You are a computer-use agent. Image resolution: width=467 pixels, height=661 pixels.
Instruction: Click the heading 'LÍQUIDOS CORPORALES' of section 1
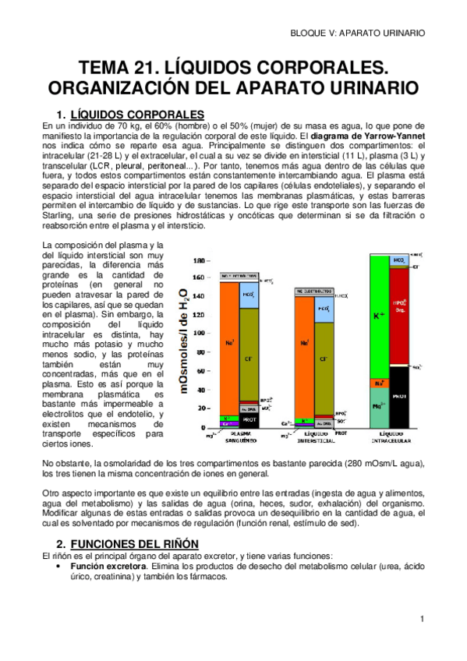(x=136, y=114)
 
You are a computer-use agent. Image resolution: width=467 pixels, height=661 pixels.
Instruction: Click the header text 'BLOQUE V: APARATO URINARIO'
(x=358, y=33)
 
